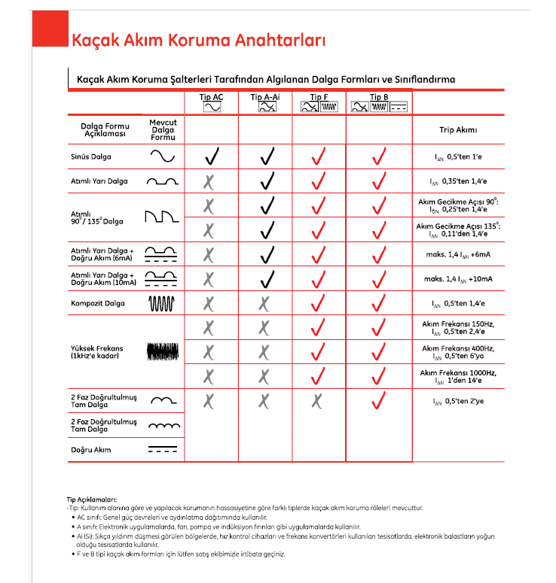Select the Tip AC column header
tap(211, 98)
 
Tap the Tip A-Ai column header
tap(265, 98)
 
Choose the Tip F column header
tap(319, 98)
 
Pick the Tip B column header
tap(379, 98)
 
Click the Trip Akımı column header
tap(458, 130)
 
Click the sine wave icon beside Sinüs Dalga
tap(162, 156)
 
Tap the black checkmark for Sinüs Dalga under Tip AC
tap(212, 156)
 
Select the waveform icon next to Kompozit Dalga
tap(162, 303)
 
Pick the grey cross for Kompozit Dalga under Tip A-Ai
tap(264, 303)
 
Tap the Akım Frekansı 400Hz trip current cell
tap(458, 351)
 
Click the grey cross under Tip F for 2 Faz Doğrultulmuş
tap(318, 401)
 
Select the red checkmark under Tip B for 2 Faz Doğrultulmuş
tap(378, 401)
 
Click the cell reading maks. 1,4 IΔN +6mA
tap(458, 254)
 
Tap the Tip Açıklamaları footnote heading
tap(92, 499)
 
